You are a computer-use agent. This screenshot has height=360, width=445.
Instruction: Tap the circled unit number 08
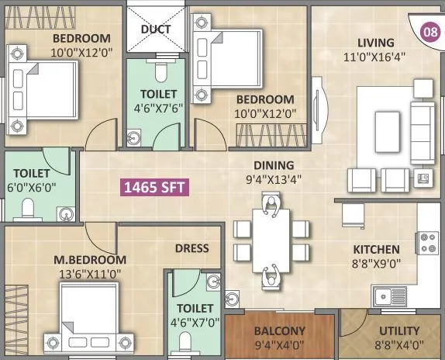click(x=428, y=32)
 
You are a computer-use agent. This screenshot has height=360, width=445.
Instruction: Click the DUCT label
click(x=156, y=29)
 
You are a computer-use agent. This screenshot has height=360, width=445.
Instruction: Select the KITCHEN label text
click(x=377, y=250)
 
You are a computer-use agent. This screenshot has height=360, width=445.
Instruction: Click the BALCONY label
click(x=279, y=330)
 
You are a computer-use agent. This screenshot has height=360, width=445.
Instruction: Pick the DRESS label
click(x=192, y=248)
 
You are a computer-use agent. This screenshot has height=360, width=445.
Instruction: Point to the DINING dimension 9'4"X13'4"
click(x=272, y=179)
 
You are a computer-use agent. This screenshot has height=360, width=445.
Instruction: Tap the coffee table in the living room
click(x=386, y=126)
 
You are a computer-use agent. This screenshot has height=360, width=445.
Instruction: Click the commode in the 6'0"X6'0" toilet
click(x=29, y=208)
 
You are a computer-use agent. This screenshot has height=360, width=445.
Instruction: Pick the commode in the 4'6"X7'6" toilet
click(x=160, y=73)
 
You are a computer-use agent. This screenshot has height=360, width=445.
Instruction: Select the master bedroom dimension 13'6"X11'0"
click(x=81, y=273)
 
